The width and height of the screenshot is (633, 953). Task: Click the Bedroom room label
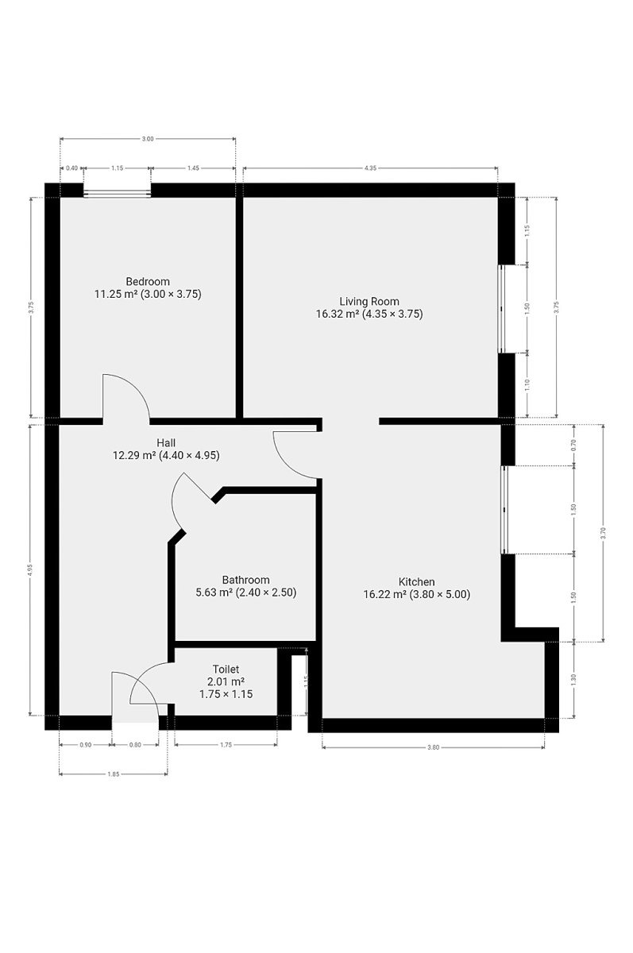[148, 281]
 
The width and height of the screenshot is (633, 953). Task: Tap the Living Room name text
[369, 301]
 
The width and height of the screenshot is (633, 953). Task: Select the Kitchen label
[416, 581]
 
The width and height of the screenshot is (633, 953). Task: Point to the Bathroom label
[246, 580]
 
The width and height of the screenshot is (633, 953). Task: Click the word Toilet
[226, 669]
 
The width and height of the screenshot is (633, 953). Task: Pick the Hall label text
[166, 442]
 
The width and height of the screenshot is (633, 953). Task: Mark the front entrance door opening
[135, 723]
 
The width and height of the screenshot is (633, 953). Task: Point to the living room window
[501, 308]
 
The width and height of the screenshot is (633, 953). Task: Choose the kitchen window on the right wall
[504, 510]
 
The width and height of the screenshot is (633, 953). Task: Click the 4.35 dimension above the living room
[370, 168]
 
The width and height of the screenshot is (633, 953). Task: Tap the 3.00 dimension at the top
[148, 139]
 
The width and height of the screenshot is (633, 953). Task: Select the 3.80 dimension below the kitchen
[433, 747]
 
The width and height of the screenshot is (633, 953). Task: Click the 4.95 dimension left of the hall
[29, 571]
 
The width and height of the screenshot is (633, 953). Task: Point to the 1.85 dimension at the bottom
[113, 774]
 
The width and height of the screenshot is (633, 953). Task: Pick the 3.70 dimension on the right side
[603, 533]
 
